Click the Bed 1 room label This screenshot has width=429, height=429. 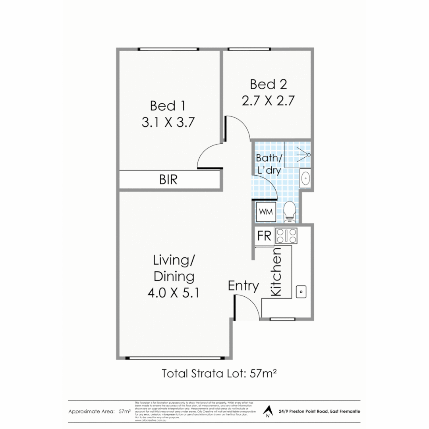[168, 106]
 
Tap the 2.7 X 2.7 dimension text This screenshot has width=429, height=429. [268, 101]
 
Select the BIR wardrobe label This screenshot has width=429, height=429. [168, 180]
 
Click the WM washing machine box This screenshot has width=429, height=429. [266, 212]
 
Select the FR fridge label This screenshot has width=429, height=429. [264, 236]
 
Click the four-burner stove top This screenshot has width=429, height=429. [286, 236]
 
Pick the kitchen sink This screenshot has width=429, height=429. [301, 292]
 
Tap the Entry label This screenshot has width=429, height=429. [243, 286]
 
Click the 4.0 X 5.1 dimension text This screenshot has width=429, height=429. [173, 294]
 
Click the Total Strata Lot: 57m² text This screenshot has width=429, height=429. [219, 374]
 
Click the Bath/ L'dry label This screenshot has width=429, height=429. [269, 164]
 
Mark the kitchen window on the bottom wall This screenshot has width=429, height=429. [282, 319]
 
